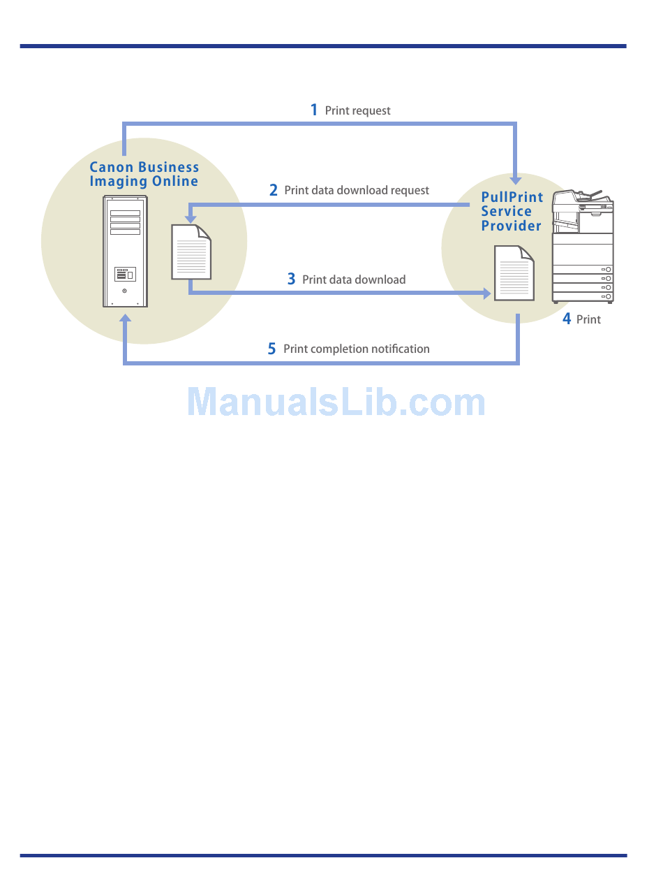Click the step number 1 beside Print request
(314, 110)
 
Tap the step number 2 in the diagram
(274, 190)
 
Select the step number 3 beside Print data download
(291, 279)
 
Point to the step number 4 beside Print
(567, 319)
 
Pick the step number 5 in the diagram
(271, 349)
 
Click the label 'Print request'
(357, 110)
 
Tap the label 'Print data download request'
(357, 190)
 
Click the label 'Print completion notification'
(356, 349)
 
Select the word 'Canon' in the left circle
(111, 168)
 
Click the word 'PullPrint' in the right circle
(512, 198)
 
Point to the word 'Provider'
(511, 226)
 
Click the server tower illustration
(125, 251)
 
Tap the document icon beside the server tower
(191, 252)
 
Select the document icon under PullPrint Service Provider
(514, 273)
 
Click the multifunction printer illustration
(583, 245)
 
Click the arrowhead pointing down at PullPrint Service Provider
(516, 180)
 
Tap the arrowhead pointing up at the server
(126, 319)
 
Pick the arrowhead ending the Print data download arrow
(486, 293)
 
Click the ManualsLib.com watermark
(336, 402)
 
